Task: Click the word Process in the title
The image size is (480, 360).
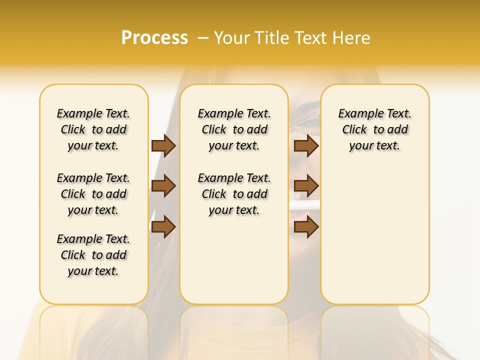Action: tap(154, 38)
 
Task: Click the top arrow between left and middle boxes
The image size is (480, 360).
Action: tap(163, 146)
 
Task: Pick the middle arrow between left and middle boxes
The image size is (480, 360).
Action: tap(163, 186)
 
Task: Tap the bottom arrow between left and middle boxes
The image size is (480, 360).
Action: tap(163, 227)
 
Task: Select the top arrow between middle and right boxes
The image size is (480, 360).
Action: tap(306, 146)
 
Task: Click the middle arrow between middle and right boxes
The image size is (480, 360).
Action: tap(306, 186)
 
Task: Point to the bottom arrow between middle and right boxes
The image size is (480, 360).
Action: tap(306, 227)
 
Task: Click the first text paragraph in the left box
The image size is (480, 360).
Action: tap(93, 129)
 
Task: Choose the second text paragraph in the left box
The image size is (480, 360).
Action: tap(93, 194)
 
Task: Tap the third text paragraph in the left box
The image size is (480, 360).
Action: tap(93, 255)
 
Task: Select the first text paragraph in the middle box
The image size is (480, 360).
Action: tap(234, 129)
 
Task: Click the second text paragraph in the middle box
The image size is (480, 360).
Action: tap(234, 194)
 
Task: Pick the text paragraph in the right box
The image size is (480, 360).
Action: tap(374, 129)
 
